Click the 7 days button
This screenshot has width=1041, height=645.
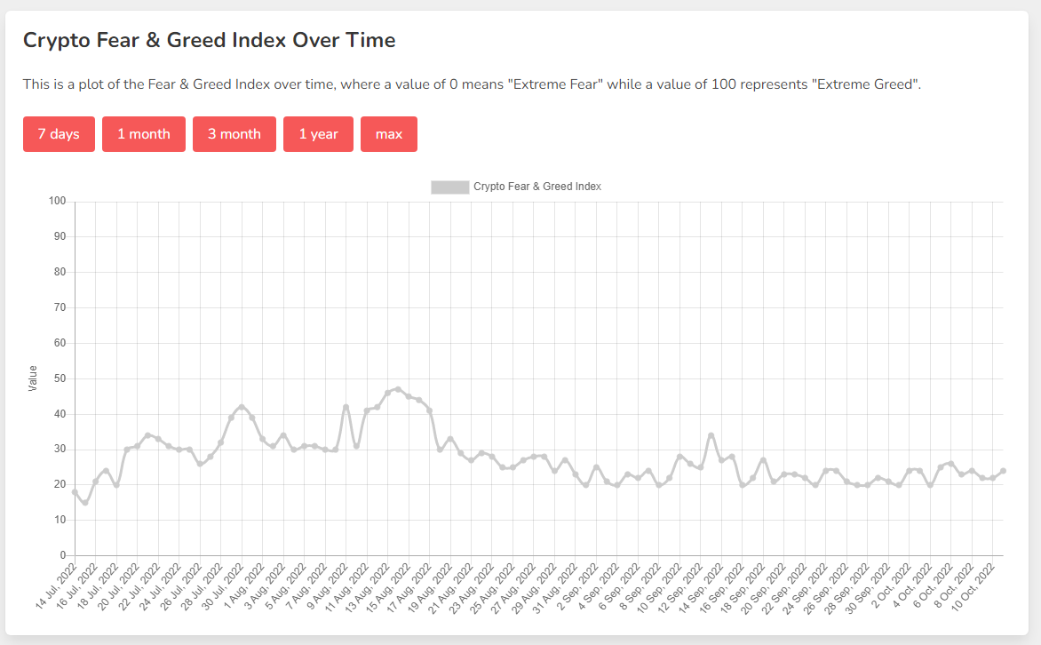(x=59, y=134)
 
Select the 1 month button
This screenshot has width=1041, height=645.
(x=144, y=134)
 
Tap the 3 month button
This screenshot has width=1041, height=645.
(x=234, y=134)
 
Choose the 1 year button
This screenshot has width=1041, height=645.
(x=318, y=134)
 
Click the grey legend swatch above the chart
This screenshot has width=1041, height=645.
(x=449, y=187)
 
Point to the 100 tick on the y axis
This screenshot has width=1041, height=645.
(x=58, y=202)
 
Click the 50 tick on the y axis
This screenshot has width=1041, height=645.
(x=60, y=378)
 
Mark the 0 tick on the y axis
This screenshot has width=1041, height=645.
(x=63, y=556)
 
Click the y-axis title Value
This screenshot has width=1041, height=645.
(x=33, y=378)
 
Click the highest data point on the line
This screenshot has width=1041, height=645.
(x=398, y=389)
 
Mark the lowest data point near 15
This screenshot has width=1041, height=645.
(x=85, y=503)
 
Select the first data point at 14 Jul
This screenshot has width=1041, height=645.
(x=75, y=492)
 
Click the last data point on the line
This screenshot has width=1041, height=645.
(x=1003, y=471)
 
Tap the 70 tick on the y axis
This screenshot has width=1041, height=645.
(x=60, y=307)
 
